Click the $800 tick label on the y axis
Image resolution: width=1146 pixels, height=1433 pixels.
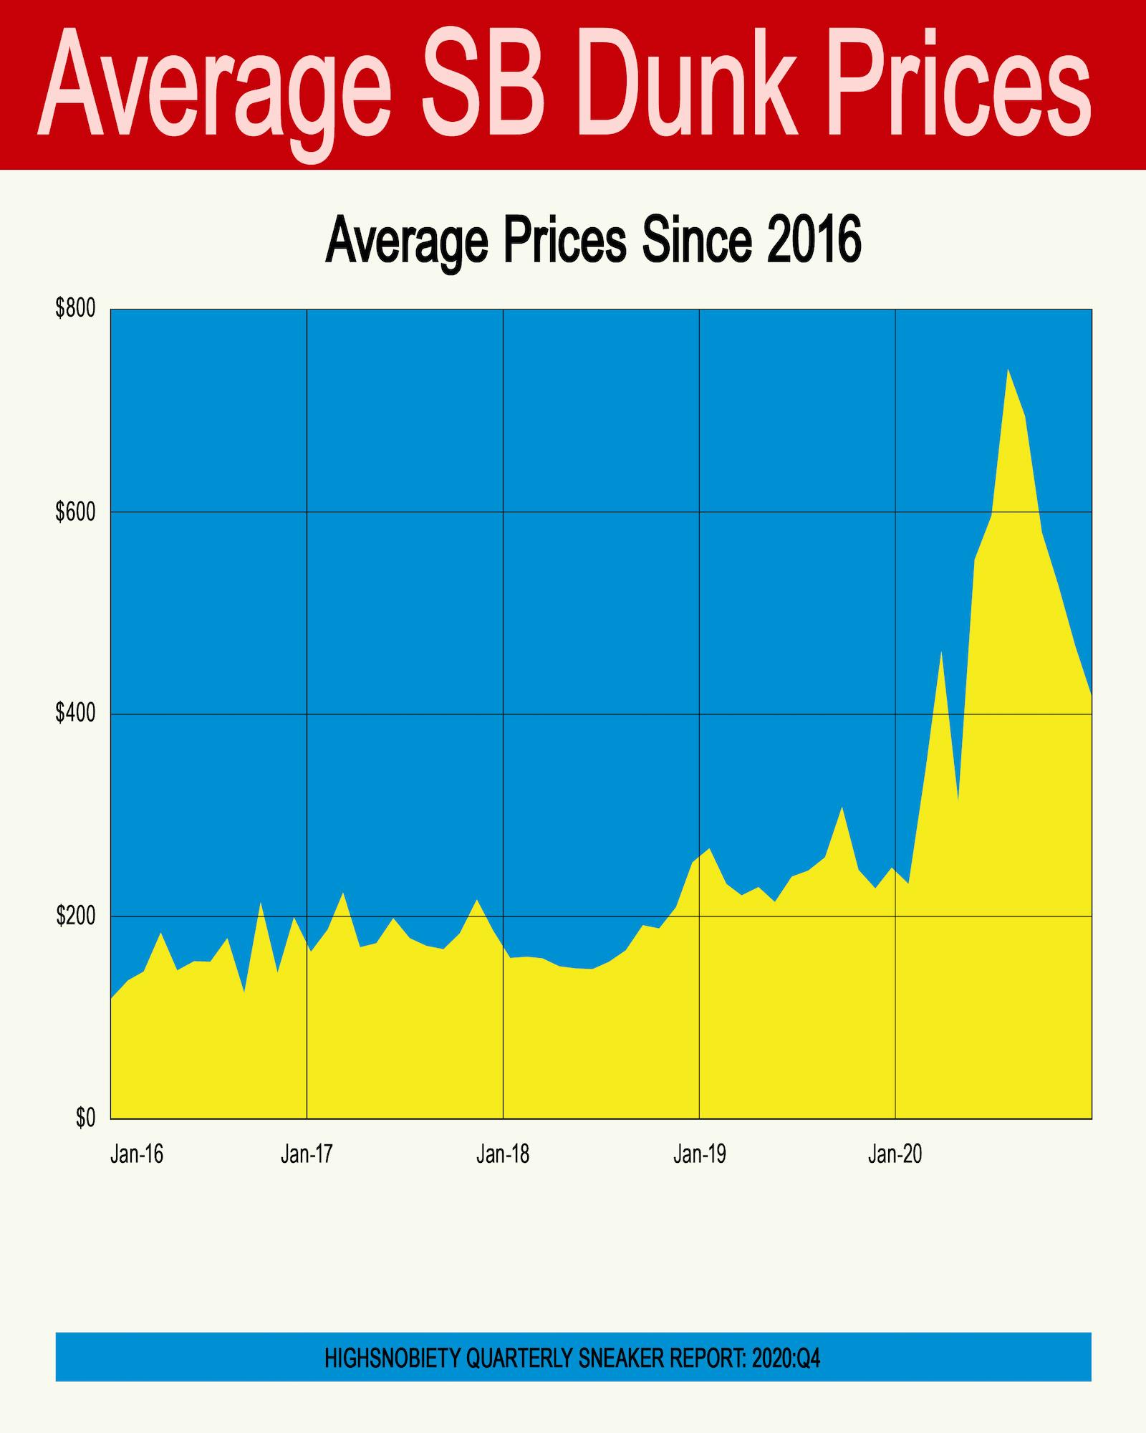click(x=75, y=310)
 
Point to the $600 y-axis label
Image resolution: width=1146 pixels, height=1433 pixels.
click(x=75, y=512)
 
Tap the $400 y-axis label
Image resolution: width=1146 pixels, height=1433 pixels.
click(x=75, y=714)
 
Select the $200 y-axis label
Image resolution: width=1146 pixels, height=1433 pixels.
click(x=75, y=916)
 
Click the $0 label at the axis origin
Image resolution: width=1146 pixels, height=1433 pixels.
click(x=85, y=1118)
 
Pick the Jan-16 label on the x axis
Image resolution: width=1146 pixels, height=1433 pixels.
click(x=137, y=1154)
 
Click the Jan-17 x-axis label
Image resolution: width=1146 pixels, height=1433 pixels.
click(x=307, y=1154)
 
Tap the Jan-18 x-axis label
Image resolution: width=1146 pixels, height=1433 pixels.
click(x=503, y=1154)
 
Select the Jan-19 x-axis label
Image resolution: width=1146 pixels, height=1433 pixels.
click(x=699, y=1154)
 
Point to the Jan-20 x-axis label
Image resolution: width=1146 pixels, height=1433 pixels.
click(x=895, y=1154)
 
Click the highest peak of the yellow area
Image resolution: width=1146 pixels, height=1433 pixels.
click(x=1008, y=370)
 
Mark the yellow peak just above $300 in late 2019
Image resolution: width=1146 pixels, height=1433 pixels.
click(x=842, y=809)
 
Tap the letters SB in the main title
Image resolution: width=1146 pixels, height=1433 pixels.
click(x=480, y=86)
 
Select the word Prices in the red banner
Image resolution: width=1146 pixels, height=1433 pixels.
click(x=960, y=86)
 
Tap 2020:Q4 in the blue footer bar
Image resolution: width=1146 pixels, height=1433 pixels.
click(x=786, y=1358)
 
